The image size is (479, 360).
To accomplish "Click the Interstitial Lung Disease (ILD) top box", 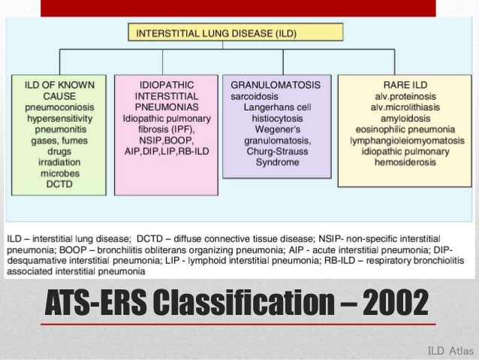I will click(x=236, y=32).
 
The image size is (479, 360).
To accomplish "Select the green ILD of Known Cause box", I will click(x=59, y=129).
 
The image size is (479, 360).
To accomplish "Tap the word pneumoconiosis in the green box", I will click(x=59, y=108).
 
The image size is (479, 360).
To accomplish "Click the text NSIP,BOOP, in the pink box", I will click(x=166, y=140).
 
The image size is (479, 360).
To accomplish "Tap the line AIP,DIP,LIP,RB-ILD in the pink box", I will click(x=166, y=151).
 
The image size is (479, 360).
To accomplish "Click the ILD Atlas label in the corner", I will click(x=450, y=350).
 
